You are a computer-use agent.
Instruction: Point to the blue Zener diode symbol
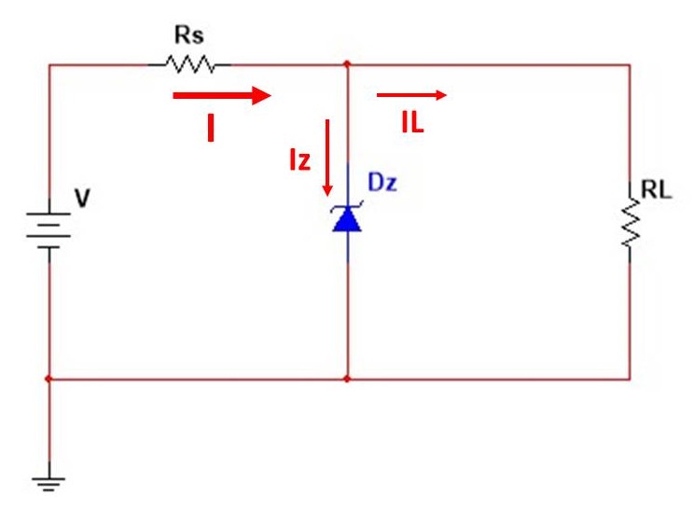[347, 218]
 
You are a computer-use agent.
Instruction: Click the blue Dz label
[382, 182]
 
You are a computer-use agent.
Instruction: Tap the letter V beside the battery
[82, 199]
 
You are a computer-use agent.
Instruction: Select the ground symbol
[49, 483]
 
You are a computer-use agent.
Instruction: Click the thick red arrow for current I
[221, 95]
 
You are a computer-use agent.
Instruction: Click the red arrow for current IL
[412, 94]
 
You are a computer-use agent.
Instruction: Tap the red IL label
[413, 122]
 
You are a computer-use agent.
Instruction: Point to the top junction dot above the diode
[347, 64]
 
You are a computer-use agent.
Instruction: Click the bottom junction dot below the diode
[347, 379]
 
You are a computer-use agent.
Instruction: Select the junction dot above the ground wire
[49, 379]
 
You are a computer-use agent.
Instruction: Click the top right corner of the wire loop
[630, 64]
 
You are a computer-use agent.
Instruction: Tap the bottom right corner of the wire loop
[630, 379]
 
